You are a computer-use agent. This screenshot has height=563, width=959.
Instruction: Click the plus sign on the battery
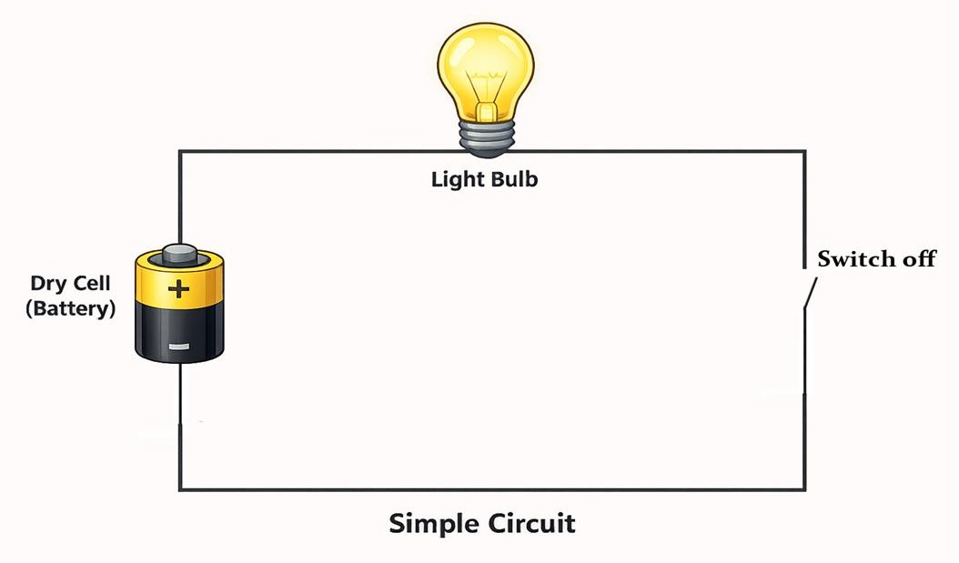tap(179, 290)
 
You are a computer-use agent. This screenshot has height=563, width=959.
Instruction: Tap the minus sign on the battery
tap(179, 346)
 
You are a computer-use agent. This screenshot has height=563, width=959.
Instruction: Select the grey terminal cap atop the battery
tap(179, 252)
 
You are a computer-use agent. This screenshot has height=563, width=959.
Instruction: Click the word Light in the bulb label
tap(459, 179)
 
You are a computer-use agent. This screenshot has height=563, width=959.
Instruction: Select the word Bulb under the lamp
tap(514, 179)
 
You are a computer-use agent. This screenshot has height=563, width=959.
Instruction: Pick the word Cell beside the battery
tap(92, 284)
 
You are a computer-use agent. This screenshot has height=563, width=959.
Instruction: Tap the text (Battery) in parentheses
tap(71, 308)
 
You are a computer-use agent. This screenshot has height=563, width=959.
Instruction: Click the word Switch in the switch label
tap(850, 259)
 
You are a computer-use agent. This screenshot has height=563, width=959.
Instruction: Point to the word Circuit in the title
tap(533, 525)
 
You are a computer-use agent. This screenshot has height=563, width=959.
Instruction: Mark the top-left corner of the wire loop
tap(180, 152)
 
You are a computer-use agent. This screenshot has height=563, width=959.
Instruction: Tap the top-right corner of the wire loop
tap(803, 152)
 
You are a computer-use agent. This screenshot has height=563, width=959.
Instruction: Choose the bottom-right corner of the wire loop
tap(803, 490)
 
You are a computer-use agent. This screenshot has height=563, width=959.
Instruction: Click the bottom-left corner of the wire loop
tap(180, 490)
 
